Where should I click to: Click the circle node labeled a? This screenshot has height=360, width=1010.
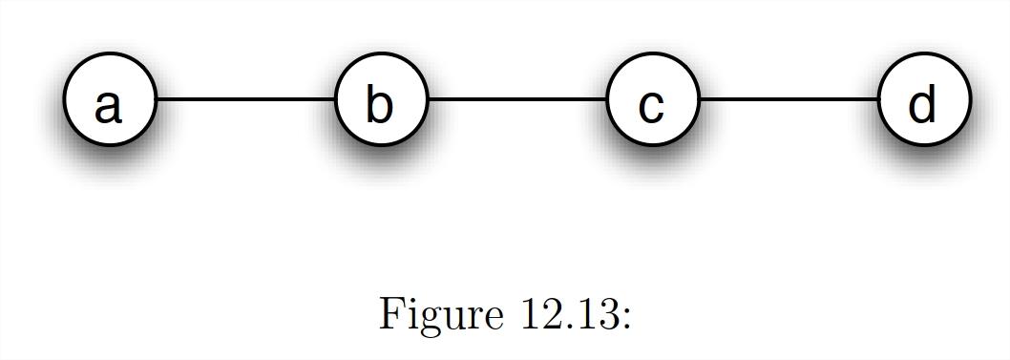coord(109,100)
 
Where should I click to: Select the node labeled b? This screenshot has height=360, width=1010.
coord(380,100)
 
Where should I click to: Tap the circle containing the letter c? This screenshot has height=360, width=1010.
coord(652,100)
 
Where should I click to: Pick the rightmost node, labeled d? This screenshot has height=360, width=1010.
coord(923,100)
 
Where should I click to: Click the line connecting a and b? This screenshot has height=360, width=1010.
coord(244,99)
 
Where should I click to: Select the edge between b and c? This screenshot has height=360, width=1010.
coord(516,99)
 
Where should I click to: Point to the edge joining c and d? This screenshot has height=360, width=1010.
coord(788,99)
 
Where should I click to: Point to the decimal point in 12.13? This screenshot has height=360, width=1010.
coord(566,326)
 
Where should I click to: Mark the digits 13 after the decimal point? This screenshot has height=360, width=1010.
coord(593,313)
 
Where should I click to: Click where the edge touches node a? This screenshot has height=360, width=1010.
coord(156,99)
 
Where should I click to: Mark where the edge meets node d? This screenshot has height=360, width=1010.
coord(877,99)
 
